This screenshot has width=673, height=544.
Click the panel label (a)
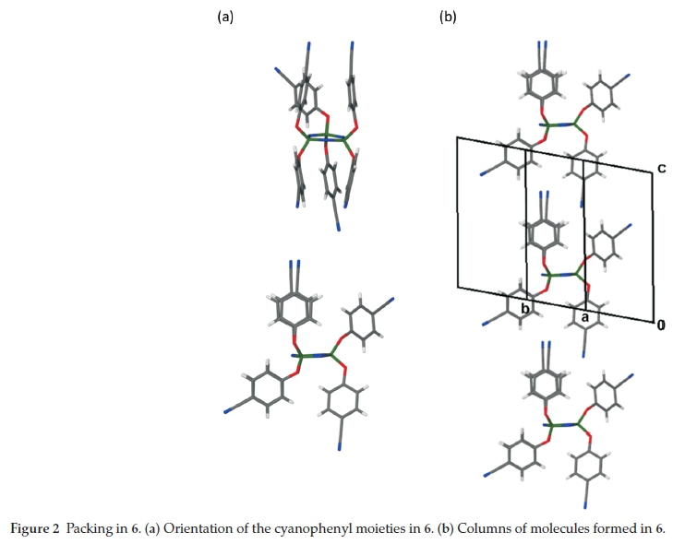click(x=225, y=17)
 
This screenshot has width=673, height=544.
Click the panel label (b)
click(x=449, y=17)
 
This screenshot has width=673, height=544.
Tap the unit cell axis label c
click(x=661, y=169)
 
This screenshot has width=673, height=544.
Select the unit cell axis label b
click(x=525, y=309)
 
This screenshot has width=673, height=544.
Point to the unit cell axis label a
click(x=583, y=316)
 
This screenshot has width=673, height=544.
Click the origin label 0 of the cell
click(x=661, y=325)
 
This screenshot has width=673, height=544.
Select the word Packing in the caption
click(x=88, y=528)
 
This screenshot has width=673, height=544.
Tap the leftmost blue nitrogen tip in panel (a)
click(x=226, y=411)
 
